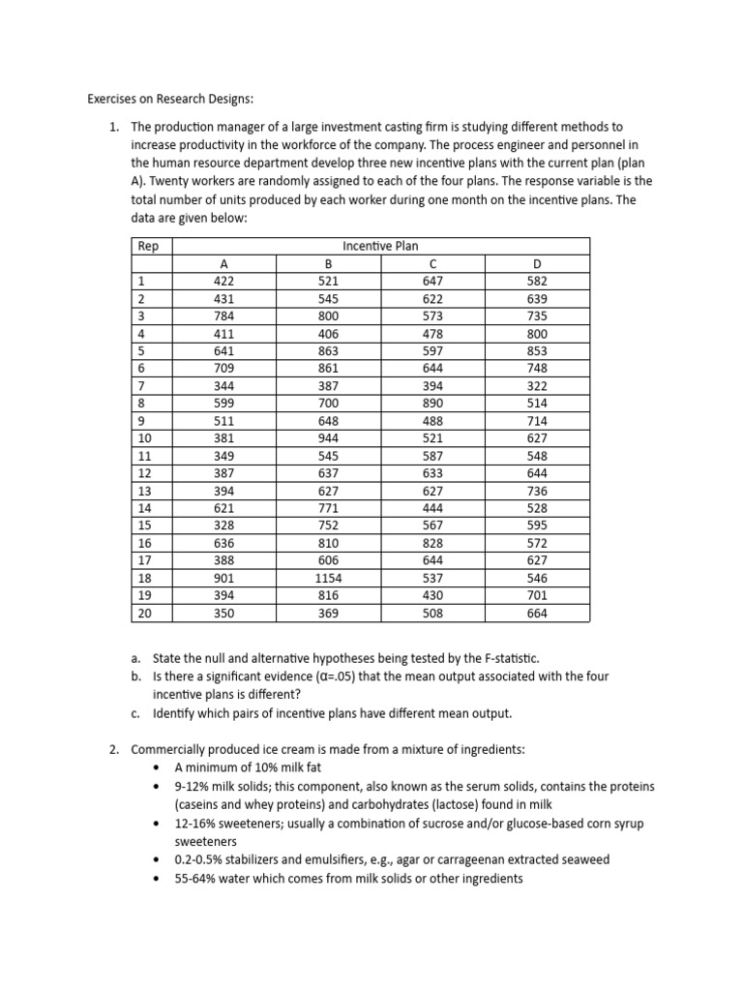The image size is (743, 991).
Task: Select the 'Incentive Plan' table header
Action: [x=380, y=246]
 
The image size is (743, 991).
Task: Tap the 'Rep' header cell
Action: [x=148, y=246]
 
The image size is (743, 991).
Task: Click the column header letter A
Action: [x=224, y=263]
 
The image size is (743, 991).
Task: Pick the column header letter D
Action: [x=538, y=263]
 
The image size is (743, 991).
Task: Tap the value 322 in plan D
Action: [x=538, y=386]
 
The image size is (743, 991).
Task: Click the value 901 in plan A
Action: [x=224, y=578]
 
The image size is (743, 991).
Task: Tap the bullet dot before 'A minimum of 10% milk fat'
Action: [x=158, y=768]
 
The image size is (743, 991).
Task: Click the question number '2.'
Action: [x=113, y=750]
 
